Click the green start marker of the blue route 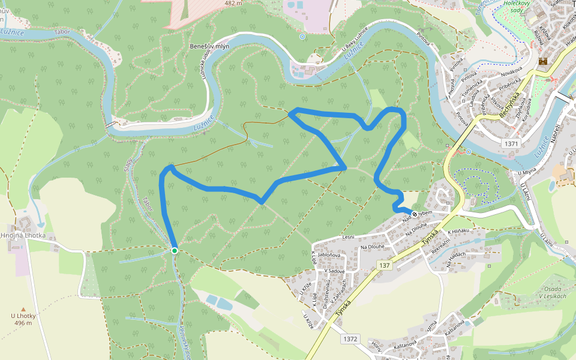(x=174, y=250)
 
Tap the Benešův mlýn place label (x=209, y=46)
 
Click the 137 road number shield (x=385, y=265)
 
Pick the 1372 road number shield (x=350, y=339)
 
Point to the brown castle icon (x=544, y=61)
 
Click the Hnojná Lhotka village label (x=23, y=235)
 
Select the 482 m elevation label (x=233, y=3)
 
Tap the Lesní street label (x=348, y=238)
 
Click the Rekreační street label (x=440, y=248)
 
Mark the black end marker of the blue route (x=414, y=212)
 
